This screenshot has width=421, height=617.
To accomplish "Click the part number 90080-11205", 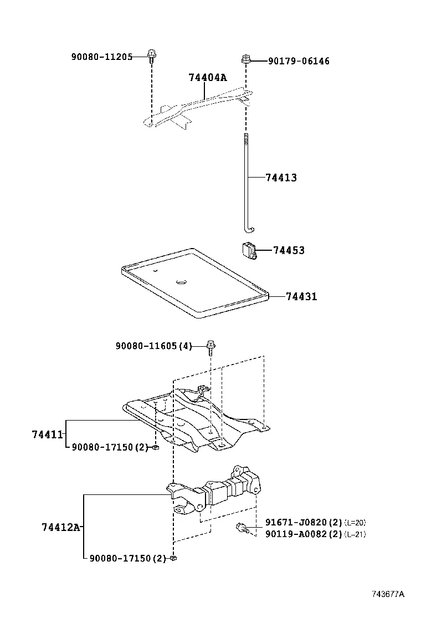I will [x=101, y=57].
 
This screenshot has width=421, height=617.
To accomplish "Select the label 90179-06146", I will [x=299, y=61].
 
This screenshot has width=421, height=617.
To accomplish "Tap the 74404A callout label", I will [x=208, y=78].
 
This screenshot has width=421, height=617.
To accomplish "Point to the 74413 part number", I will [x=281, y=178].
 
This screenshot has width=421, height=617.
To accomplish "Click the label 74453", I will [x=289, y=250].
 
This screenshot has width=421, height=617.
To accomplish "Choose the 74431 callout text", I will [x=301, y=296].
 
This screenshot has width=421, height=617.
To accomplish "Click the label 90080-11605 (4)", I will [x=153, y=346].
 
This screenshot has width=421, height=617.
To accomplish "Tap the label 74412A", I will [x=61, y=527].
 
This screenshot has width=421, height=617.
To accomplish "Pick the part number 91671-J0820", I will [x=296, y=522].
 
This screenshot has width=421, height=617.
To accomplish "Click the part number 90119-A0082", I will [x=296, y=534].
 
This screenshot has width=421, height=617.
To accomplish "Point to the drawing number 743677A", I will [x=388, y=594].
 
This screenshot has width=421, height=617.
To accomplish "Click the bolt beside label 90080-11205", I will [x=151, y=54].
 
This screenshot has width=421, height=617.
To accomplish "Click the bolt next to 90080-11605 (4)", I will [x=210, y=347].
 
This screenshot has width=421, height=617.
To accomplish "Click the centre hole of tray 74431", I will [x=181, y=282].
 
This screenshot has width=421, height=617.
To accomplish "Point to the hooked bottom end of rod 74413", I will [x=249, y=229].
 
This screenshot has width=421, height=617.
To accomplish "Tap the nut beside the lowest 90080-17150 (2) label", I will [x=173, y=558].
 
